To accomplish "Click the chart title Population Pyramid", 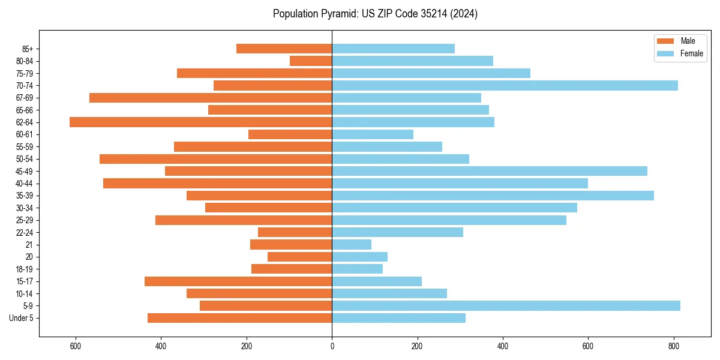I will (375, 14).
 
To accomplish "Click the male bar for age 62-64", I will (200, 122).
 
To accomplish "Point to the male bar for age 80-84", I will (311, 61).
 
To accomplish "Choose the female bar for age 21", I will (352, 244).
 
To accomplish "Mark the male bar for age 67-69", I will (211, 98).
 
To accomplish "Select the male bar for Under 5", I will (239, 318).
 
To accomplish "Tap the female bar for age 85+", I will (393, 49).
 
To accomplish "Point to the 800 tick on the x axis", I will (674, 346).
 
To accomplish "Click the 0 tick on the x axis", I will (332, 346).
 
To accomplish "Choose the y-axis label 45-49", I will (24, 171).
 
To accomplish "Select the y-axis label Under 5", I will (22, 318).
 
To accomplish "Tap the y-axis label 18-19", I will (24, 269).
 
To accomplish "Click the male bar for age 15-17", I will (238, 281).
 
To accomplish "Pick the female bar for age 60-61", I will (373, 134).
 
